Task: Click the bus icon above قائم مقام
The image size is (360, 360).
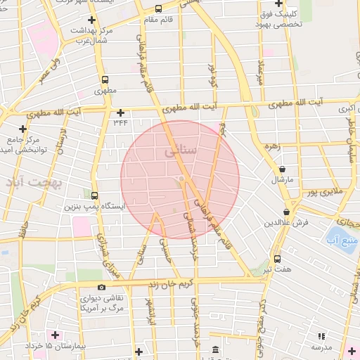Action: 158,9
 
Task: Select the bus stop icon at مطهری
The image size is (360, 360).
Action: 105,80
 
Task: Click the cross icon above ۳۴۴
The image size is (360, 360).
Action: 120,112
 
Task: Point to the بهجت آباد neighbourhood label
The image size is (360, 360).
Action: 34,183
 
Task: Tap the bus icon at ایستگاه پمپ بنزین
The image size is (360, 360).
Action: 94,195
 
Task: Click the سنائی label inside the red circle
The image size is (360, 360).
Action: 181,150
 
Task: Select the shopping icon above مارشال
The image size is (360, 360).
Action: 283,169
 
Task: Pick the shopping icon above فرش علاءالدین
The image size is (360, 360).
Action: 286,212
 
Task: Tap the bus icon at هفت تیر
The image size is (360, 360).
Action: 277,258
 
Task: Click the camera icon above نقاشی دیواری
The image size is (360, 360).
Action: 101,287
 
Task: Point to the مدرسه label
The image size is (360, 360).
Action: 321,348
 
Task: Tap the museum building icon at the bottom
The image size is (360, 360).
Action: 214,349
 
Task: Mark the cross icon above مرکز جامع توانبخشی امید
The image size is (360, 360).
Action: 23,128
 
